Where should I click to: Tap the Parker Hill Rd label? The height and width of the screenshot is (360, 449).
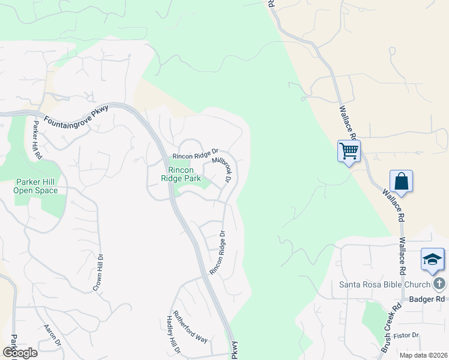coord(37,140)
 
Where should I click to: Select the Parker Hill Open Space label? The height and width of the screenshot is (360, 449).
coord(37,186)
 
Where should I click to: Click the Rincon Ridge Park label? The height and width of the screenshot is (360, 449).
coord(180,173)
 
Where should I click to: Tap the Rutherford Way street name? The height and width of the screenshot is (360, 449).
coord(190,326)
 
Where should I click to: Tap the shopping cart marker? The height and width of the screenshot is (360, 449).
coord(349,151)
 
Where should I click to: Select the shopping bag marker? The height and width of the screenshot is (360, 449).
coord(401,181)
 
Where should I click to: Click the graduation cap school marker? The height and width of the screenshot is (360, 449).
coord(432,259)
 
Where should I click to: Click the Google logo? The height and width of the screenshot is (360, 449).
coord(20,353)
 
